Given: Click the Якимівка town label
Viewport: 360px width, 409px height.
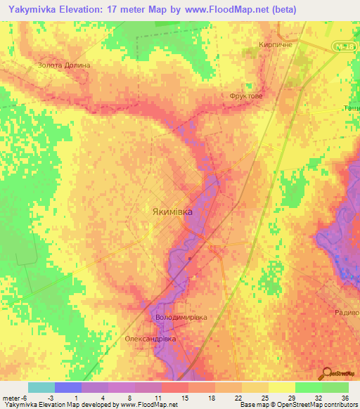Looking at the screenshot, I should (172, 211).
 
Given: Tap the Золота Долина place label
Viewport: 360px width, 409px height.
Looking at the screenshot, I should (65, 65).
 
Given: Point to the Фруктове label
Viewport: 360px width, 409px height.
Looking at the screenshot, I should (246, 97).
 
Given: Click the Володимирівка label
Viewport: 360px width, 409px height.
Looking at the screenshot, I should (181, 318).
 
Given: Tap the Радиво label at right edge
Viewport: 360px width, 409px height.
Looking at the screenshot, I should (347, 313).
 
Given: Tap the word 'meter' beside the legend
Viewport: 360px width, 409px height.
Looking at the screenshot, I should (12, 398).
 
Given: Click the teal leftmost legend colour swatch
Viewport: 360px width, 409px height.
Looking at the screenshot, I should (41, 387).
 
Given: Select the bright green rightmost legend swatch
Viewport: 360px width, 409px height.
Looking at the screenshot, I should (335, 387).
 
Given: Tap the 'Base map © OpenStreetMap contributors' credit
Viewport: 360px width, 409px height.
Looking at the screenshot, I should (299, 405).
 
